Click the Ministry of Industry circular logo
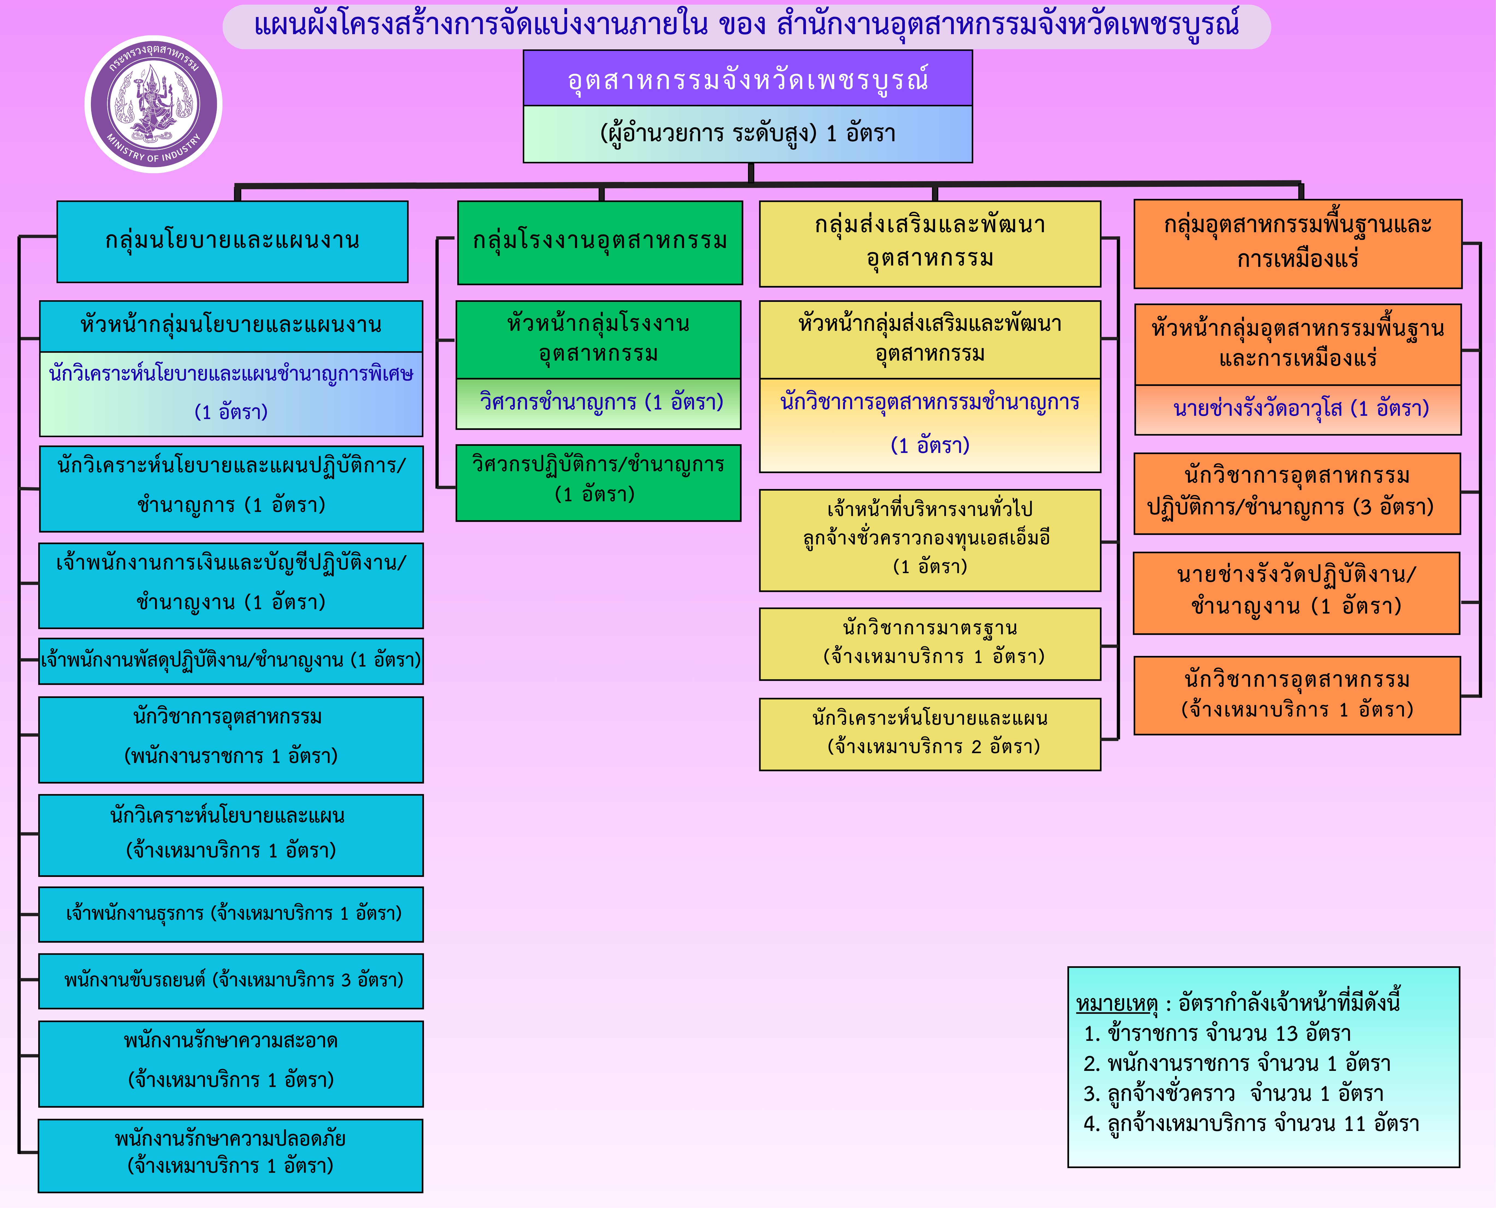click(x=153, y=104)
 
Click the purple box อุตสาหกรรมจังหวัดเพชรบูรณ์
click(x=748, y=79)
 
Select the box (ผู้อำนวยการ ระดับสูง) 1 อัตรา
click(x=748, y=134)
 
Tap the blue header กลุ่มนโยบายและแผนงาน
click(x=232, y=241)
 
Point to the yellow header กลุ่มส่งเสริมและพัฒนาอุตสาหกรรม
click(x=930, y=242)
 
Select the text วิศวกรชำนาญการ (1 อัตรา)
click(x=601, y=402)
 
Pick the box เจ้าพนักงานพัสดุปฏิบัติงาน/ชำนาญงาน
click(x=231, y=660)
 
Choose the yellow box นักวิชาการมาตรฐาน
click(x=930, y=643)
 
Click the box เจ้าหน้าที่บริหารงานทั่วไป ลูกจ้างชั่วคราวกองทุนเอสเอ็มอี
click(x=930, y=539)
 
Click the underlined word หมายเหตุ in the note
click(x=1116, y=1003)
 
